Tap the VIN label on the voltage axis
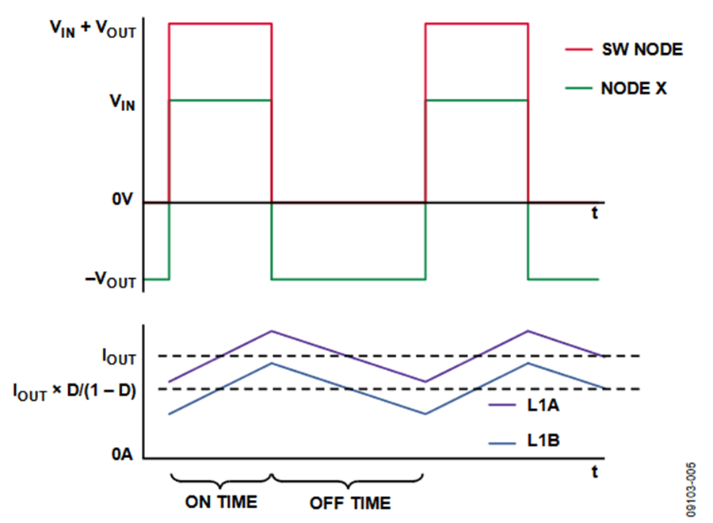[x=120, y=101]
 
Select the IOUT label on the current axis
[x=118, y=357]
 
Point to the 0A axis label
[x=124, y=455]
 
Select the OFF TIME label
[x=349, y=502]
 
